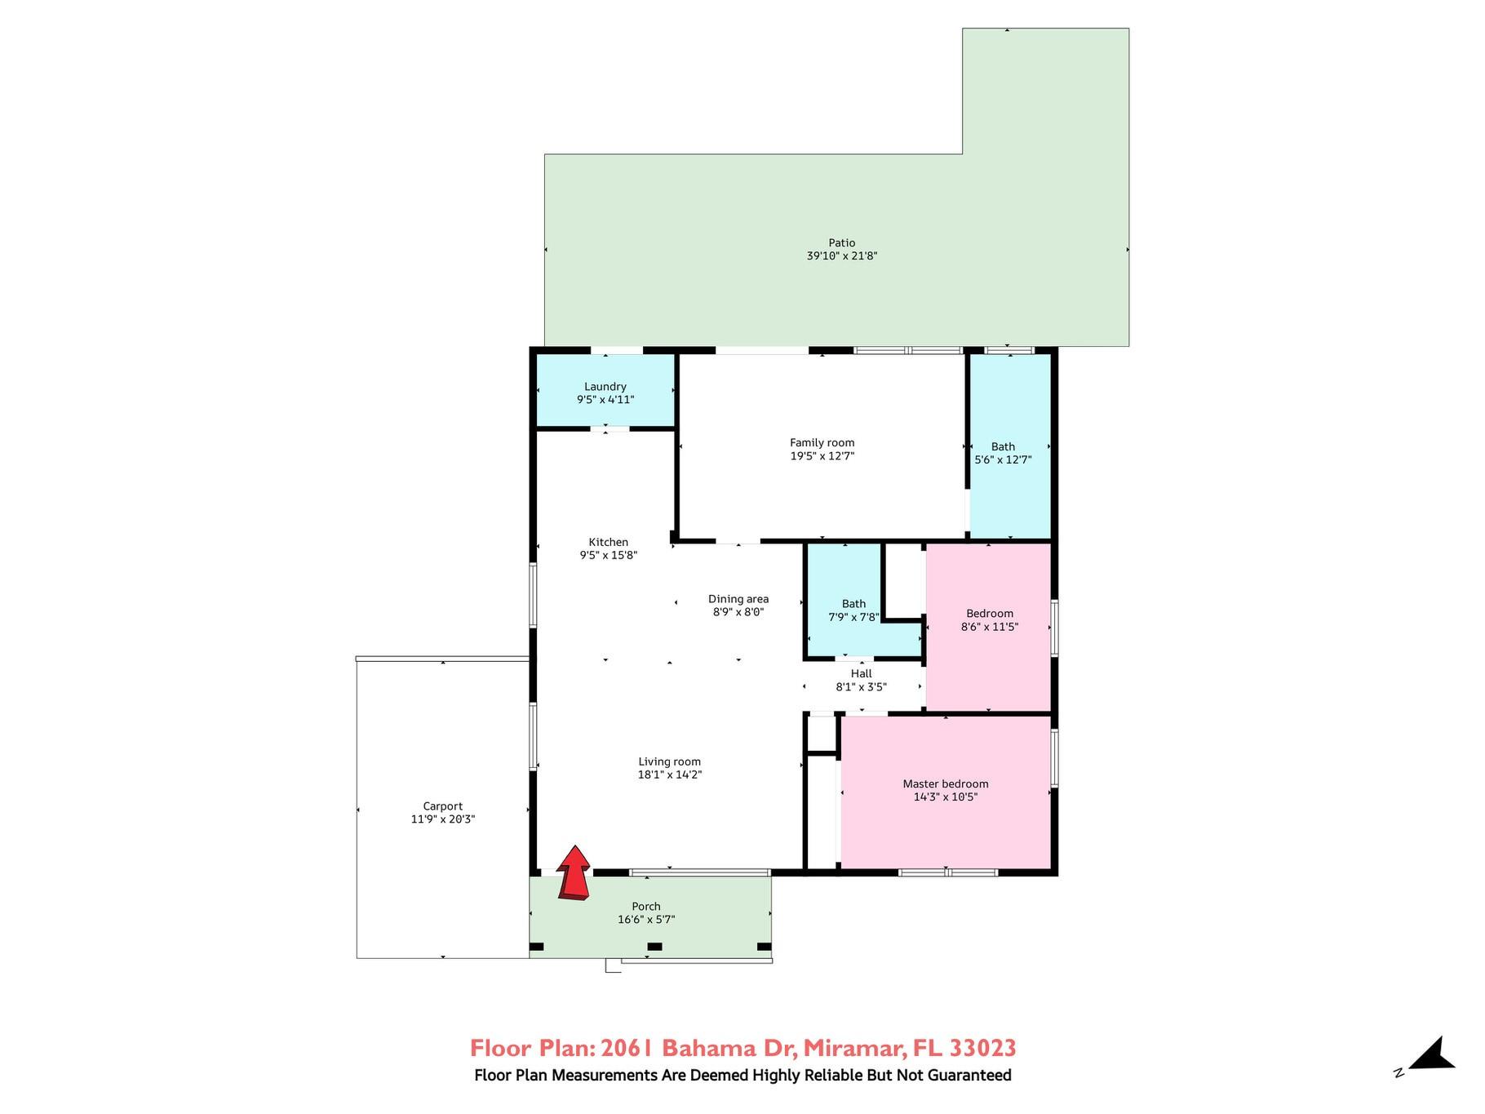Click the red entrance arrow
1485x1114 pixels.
[574, 873]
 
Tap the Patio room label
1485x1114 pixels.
[842, 242]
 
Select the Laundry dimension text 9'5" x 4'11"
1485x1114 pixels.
[605, 400]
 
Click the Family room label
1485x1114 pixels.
[822, 443]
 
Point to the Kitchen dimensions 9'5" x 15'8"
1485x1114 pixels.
[609, 555]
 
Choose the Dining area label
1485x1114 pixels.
[738, 599]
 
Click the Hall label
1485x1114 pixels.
[862, 674]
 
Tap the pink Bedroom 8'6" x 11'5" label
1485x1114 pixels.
[990, 620]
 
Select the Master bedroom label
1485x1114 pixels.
[946, 784]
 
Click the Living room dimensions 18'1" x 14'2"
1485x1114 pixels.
[670, 774]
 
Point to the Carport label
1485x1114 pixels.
[443, 806]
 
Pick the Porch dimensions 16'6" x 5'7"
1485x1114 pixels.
[646, 920]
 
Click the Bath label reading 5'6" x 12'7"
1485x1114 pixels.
[1004, 453]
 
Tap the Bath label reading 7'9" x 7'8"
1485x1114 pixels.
[854, 610]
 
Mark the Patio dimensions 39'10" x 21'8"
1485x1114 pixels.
[842, 255]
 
